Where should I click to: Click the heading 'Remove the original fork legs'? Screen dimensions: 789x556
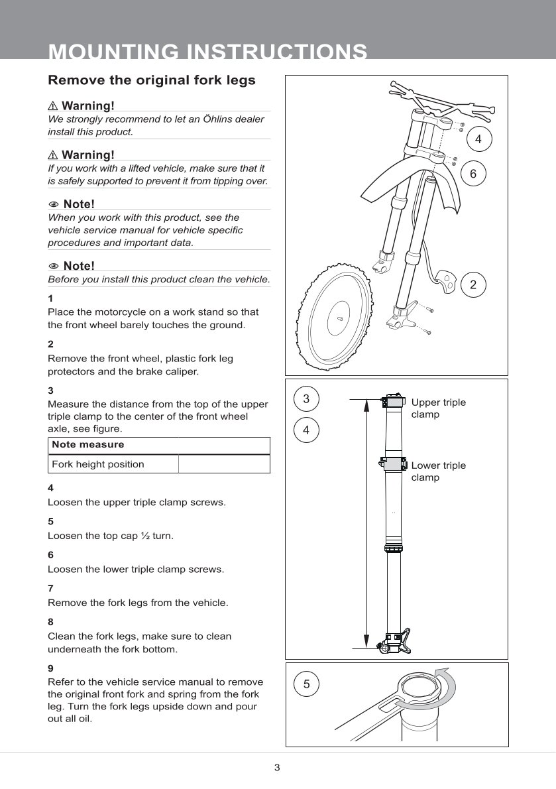(x=152, y=81)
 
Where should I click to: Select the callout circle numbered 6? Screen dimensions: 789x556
(x=473, y=173)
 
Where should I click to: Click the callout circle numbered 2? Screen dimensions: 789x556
(x=473, y=284)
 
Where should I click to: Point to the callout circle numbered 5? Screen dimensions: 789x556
(x=306, y=684)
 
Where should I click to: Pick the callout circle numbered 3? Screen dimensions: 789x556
(x=306, y=398)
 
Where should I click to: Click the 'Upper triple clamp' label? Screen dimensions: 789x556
(x=438, y=408)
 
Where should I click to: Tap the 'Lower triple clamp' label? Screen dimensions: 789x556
(x=438, y=471)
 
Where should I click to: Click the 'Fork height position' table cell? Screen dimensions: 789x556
(x=98, y=464)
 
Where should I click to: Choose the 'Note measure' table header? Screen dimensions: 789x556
(x=88, y=444)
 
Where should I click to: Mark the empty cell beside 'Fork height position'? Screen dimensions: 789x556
(x=224, y=464)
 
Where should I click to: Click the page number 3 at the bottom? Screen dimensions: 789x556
(x=277, y=768)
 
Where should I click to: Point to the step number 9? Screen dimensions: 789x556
(x=51, y=668)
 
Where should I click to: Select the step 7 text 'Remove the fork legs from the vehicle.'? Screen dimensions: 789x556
(x=138, y=603)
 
